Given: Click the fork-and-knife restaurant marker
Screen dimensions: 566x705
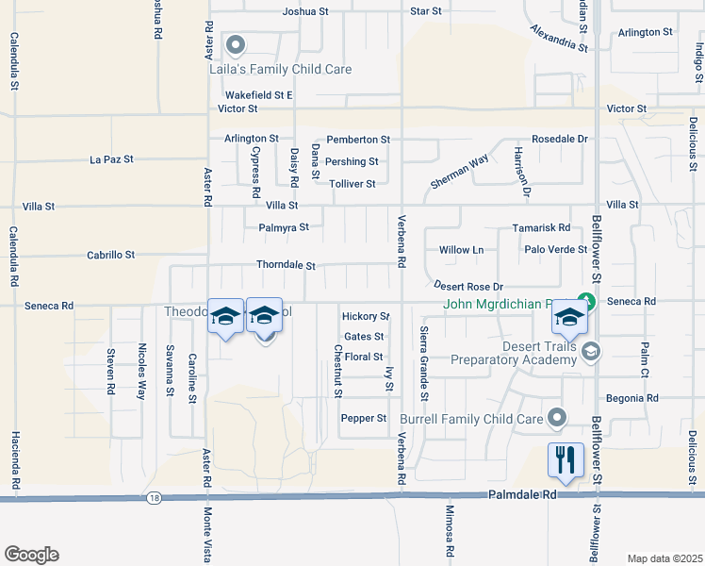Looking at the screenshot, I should [x=566, y=460].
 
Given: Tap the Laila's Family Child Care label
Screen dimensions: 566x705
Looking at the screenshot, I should [x=280, y=69].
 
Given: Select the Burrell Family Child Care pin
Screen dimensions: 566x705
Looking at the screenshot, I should [x=558, y=417].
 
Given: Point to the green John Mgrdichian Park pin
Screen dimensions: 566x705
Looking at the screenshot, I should [x=586, y=303].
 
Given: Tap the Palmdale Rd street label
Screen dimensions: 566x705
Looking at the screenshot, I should [x=518, y=494].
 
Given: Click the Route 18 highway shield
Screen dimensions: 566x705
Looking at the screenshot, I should [x=153, y=497].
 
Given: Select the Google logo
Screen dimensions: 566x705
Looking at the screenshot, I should [x=31, y=555].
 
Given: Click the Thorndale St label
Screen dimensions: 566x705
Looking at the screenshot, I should [x=286, y=266].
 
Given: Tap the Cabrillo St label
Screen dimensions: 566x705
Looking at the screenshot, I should [x=111, y=255].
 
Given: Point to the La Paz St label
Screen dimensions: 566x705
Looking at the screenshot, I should [x=111, y=159].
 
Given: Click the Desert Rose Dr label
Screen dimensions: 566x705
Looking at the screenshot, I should [x=468, y=286].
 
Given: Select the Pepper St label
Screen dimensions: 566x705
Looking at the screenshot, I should [x=364, y=418].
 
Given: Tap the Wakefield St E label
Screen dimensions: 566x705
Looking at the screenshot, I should [x=259, y=95].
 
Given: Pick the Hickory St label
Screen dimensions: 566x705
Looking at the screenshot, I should [x=366, y=317].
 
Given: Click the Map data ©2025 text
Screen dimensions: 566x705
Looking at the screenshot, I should [x=664, y=558].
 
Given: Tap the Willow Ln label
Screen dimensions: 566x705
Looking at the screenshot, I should [x=461, y=250].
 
